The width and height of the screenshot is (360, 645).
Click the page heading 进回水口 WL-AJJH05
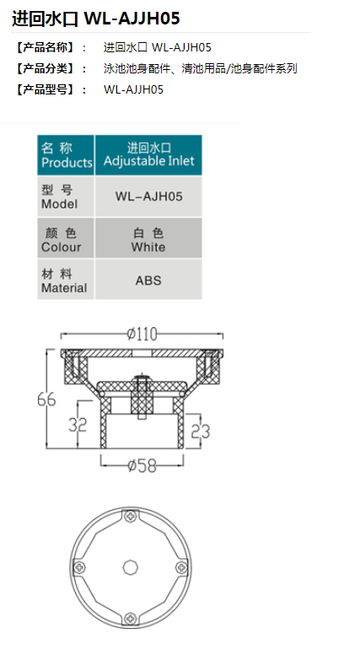(x=96, y=19)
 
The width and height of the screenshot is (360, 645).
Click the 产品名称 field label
(x=45, y=48)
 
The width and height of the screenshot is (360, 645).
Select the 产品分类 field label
(x=45, y=68)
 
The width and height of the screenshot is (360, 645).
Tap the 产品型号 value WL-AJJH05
(x=134, y=89)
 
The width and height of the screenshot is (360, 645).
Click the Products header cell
(x=66, y=155)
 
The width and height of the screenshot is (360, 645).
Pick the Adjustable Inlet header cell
(x=148, y=155)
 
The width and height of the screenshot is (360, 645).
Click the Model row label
(x=66, y=196)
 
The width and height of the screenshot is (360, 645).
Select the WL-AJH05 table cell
(x=148, y=196)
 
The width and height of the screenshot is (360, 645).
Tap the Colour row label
(x=66, y=238)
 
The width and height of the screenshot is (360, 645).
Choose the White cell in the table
(x=148, y=238)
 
